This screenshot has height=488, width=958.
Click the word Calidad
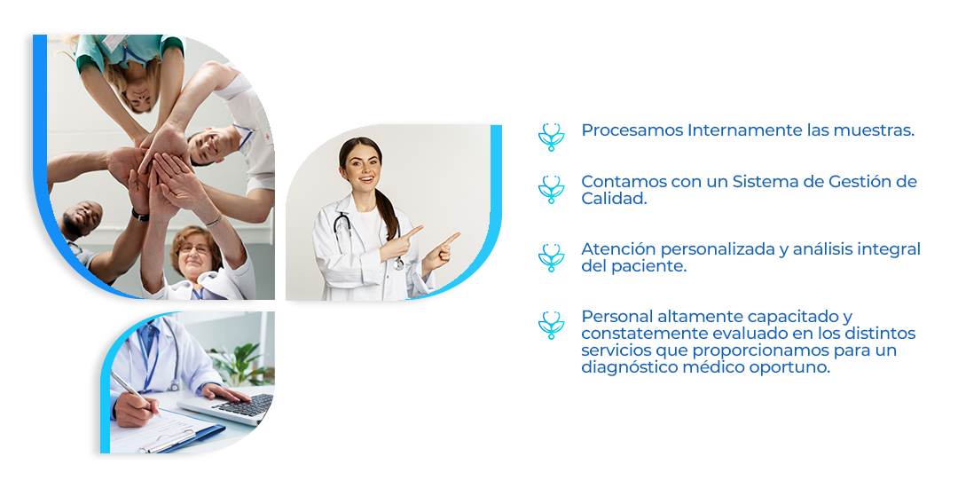coord(614,199)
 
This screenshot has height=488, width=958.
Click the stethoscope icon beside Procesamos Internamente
coord(551,137)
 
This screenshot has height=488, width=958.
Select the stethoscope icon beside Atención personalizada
coord(551,257)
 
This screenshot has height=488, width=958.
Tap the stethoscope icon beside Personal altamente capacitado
coord(551,325)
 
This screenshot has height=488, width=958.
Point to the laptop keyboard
coord(245,405)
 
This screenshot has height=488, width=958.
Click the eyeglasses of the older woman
coord(194,248)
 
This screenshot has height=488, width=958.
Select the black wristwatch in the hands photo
coord(140,215)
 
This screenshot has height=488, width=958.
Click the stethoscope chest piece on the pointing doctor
coord(398,264)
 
